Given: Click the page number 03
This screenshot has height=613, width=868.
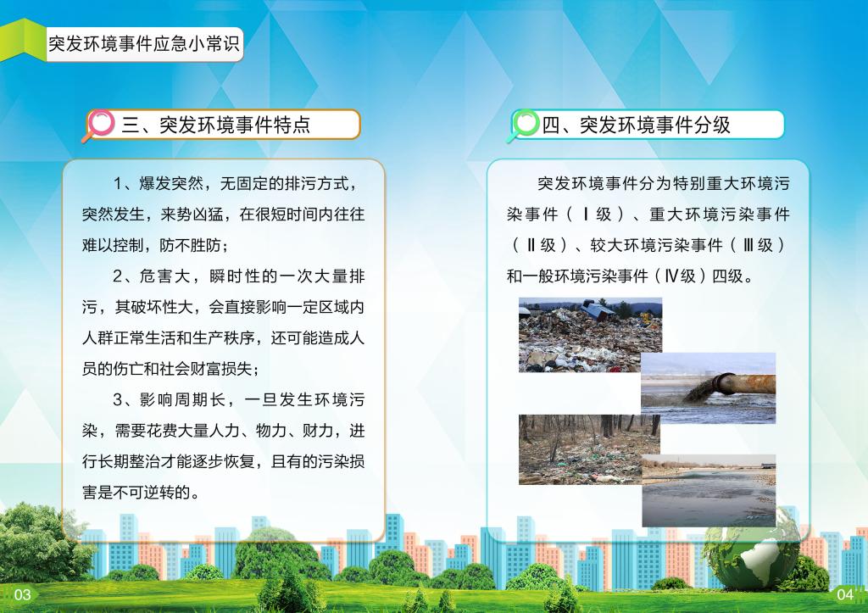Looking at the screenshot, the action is point(22,594).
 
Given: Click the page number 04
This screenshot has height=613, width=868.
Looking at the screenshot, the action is point(845,594).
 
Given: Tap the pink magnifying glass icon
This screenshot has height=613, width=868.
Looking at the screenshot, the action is point(100,125).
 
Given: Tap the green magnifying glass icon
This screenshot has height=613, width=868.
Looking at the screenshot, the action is point(523,125).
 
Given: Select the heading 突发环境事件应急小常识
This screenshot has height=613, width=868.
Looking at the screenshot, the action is point(144,44).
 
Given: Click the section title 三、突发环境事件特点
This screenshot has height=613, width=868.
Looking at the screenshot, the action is point(216,125).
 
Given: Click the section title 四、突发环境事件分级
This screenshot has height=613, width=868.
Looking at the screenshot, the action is point(636,125).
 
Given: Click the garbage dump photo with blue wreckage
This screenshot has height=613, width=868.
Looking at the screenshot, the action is point(590,334).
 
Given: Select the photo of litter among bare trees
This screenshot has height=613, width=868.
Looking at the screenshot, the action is point(589,449).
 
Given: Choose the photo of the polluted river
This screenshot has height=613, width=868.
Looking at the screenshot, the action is point(709,491).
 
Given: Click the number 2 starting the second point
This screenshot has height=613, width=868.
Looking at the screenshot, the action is point(118,276).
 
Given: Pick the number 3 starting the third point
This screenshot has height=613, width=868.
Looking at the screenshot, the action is point(118,400).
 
